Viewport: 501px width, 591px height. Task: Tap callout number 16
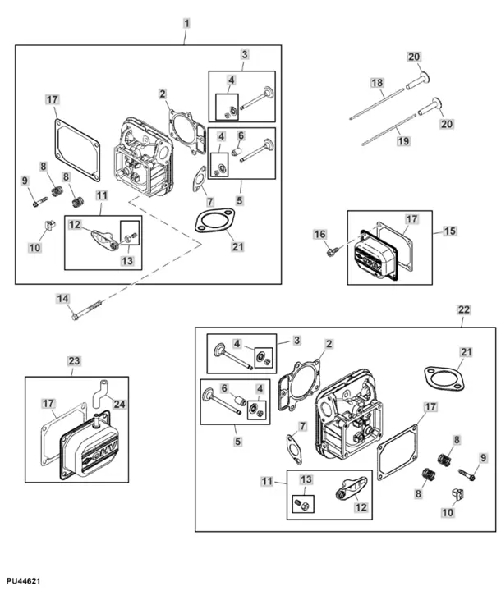coord(319,235)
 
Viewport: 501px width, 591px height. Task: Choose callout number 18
coord(377,84)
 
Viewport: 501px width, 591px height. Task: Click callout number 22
coord(464,309)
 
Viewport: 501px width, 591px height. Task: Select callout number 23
coord(74,360)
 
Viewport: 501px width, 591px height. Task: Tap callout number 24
coord(119,404)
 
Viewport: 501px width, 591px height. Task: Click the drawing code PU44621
coord(21,581)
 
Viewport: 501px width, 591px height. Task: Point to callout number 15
coord(449,231)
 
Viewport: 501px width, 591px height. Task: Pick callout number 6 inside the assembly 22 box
coord(223,389)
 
